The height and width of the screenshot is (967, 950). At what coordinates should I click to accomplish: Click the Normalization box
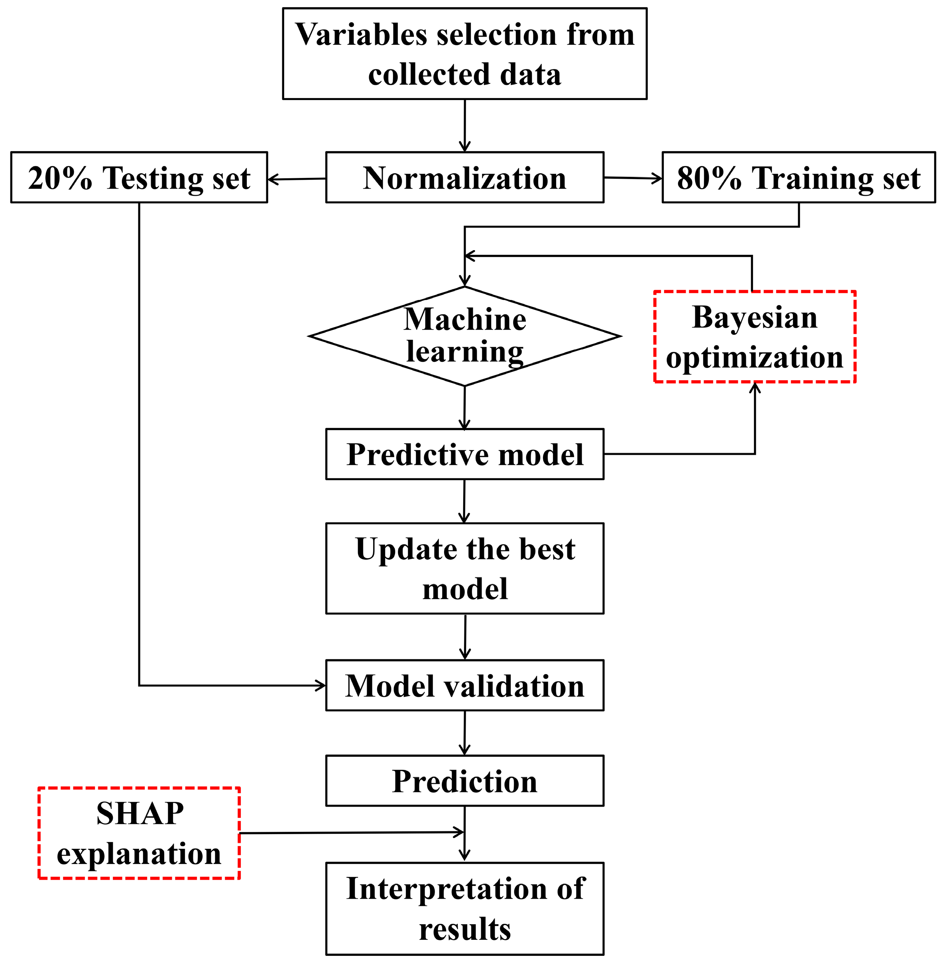coord(464,178)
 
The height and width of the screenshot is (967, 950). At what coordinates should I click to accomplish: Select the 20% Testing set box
coord(139,178)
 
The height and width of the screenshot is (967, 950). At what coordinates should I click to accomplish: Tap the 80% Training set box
coord(799,178)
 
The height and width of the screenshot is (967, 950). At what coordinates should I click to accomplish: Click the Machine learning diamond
coord(464,336)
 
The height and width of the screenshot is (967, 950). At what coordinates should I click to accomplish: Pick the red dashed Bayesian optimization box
coord(754,337)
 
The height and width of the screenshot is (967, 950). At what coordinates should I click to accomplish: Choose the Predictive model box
coord(464,454)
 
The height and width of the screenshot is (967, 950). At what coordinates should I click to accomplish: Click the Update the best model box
coord(464,568)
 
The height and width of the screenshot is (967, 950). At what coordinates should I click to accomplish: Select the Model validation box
coord(464,686)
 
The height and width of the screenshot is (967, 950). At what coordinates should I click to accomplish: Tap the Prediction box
coord(464,781)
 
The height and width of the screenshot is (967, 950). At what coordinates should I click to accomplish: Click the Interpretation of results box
coord(464,909)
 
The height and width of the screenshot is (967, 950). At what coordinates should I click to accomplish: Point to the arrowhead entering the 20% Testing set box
coord(272,179)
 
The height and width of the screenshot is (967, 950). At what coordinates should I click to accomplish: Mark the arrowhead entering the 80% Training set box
coord(658,179)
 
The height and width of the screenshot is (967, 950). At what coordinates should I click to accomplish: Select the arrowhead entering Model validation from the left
coord(321,685)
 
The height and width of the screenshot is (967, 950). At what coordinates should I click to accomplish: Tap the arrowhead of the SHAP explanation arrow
coord(460,832)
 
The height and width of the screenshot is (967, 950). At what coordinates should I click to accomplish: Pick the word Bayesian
coord(754,318)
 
